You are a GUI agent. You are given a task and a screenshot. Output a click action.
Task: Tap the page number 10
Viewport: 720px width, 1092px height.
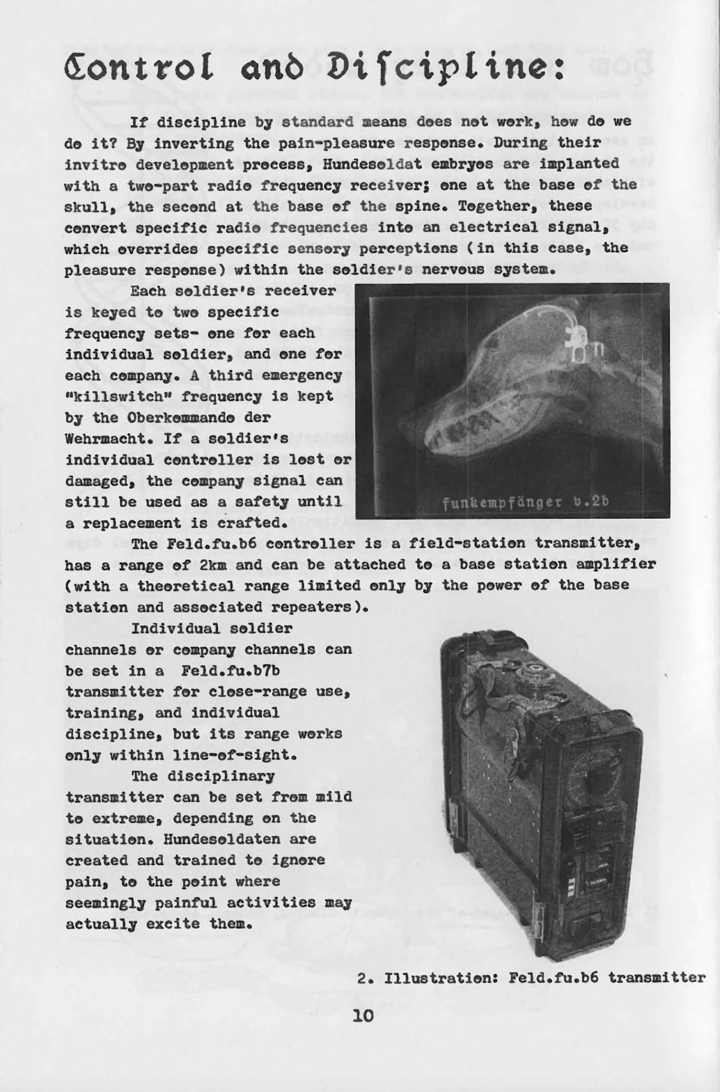(x=363, y=1016)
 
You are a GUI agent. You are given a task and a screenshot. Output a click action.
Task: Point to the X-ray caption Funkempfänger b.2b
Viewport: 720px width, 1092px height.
(x=525, y=502)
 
